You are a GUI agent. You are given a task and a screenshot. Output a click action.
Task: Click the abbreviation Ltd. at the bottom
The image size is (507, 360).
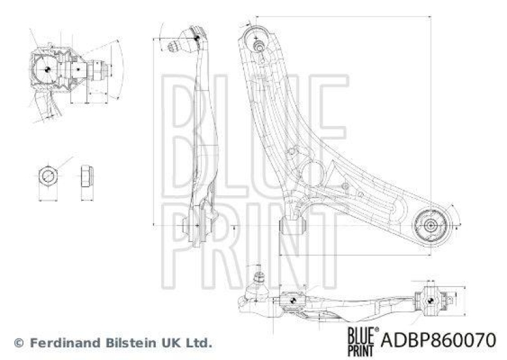tap(195, 343)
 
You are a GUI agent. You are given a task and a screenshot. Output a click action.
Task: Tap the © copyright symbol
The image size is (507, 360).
tap(18, 343)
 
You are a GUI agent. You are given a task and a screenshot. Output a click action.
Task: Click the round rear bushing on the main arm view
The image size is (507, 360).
tap(430, 224)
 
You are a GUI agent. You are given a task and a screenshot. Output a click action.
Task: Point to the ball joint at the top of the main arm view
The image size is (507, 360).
tap(257, 35)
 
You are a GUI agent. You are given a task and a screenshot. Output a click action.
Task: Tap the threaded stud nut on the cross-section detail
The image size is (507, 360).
tap(95, 69)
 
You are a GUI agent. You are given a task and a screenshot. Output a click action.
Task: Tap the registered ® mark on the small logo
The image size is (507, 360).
tap(378, 330)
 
